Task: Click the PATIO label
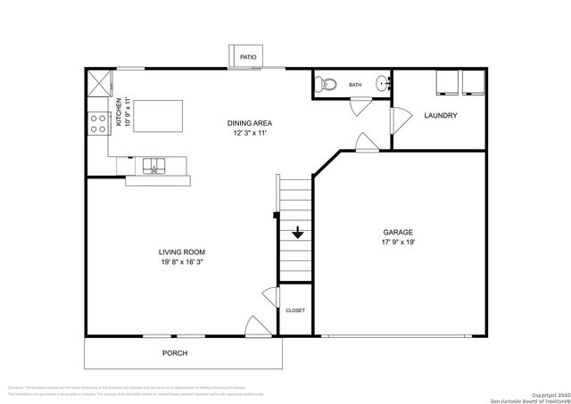tap(247, 58)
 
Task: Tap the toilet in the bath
tap(326, 86)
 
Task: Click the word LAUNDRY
tap(441, 116)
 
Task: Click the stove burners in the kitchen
tap(95, 123)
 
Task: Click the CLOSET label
tap(294, 310)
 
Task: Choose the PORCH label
tap(174, 353)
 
